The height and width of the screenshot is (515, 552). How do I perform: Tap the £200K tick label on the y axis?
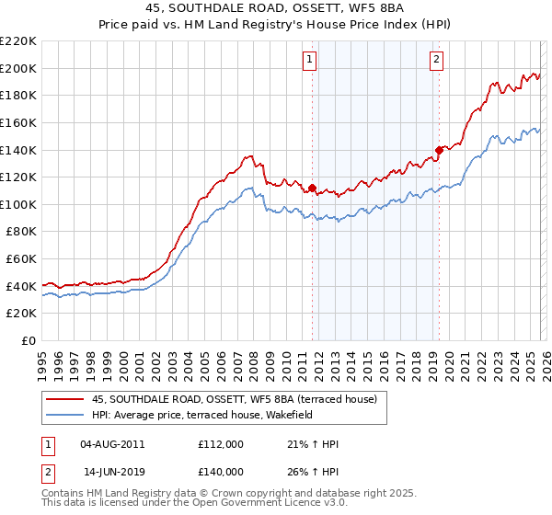coord(17,68)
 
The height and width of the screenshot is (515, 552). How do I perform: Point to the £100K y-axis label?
coord(17,204)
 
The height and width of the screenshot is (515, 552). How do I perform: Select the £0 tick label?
coord(27,340)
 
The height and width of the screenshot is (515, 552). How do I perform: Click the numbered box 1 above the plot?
coord(309,61)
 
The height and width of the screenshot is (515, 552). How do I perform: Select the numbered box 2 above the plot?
coord(436,61)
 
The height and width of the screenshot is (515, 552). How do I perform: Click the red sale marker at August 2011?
coord(312,189)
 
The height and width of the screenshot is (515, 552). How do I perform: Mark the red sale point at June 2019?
coord(439,150)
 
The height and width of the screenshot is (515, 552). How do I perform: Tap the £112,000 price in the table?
coord(221,444)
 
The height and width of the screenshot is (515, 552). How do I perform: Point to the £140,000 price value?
coord(221,471)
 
